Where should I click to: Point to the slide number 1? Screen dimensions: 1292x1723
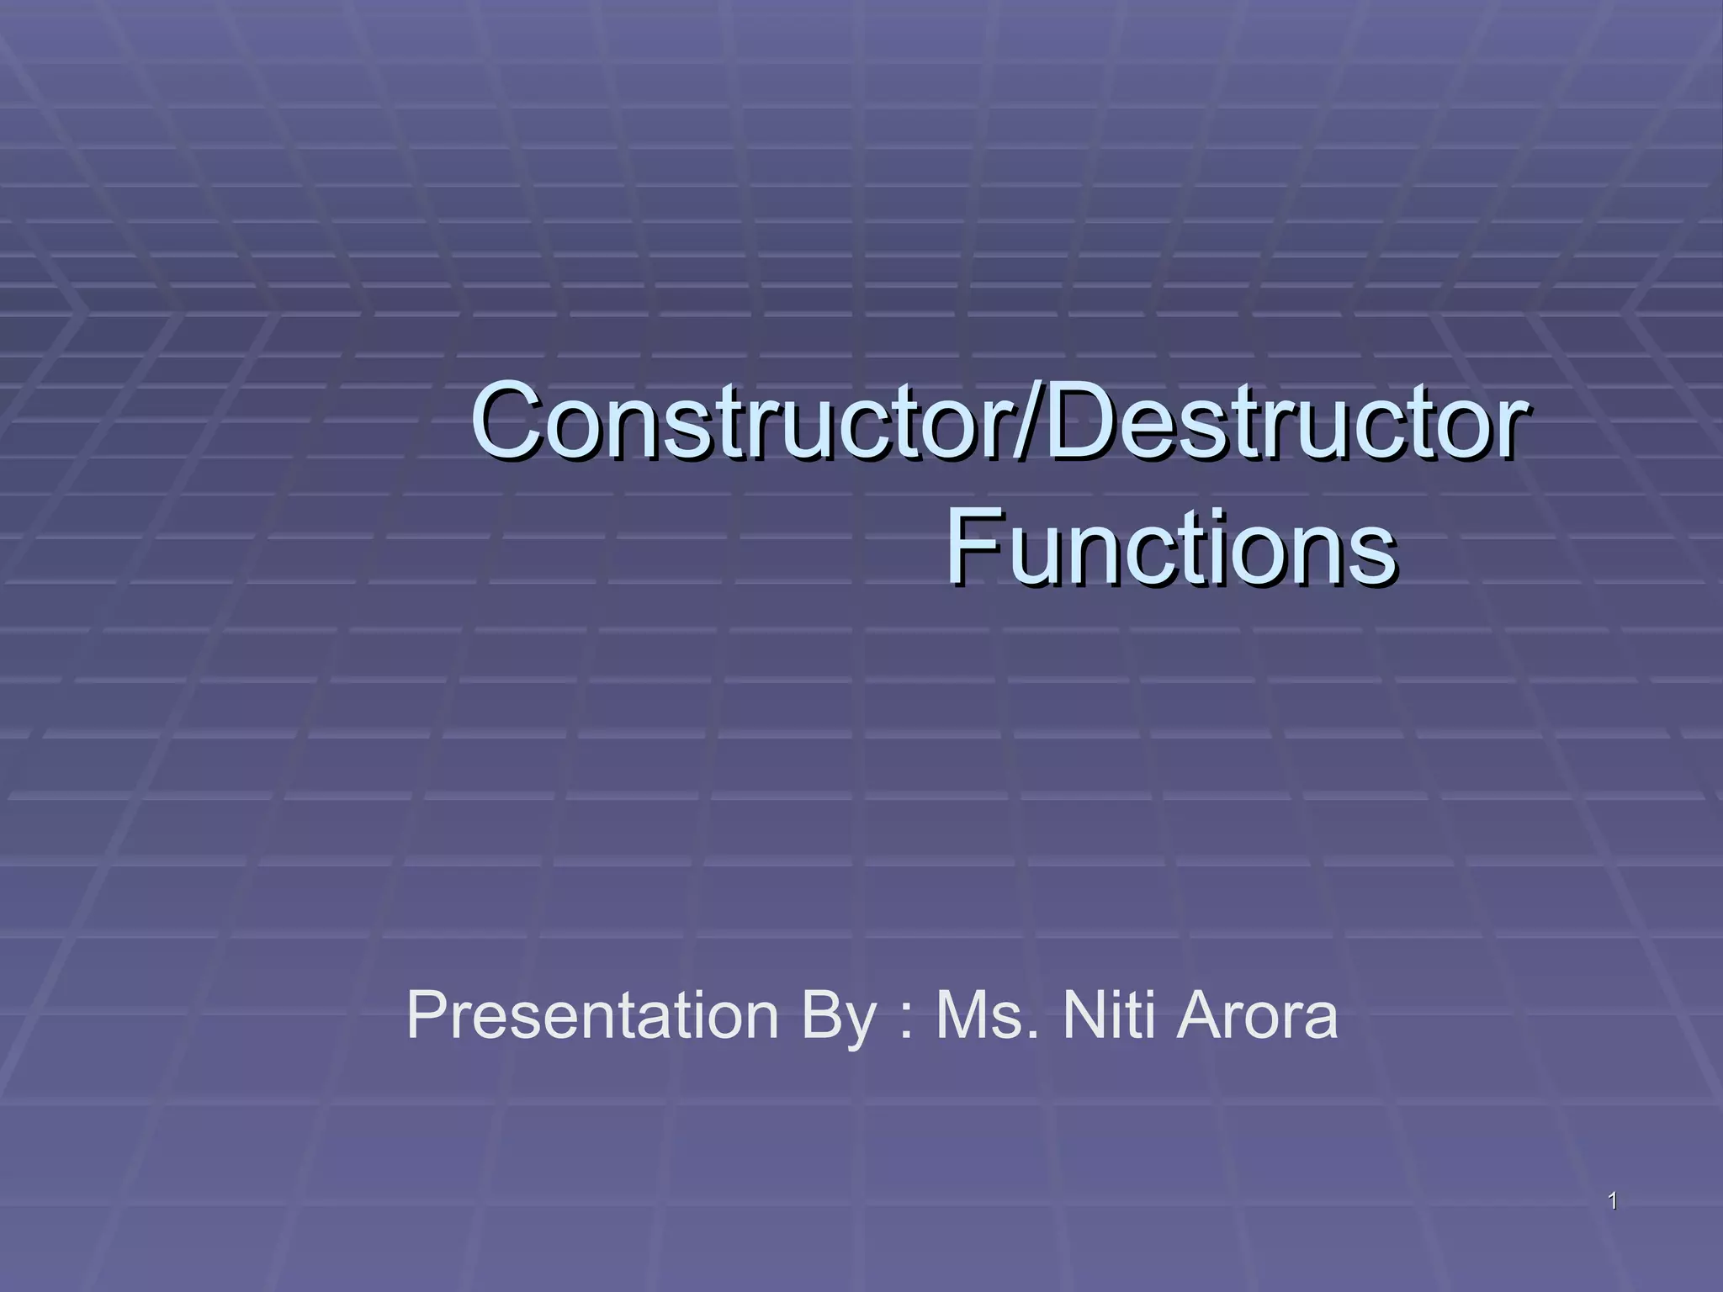[1612, 1202]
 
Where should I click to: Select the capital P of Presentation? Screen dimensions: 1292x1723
[427, 1016]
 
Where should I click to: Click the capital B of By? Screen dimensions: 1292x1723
[820, 1016]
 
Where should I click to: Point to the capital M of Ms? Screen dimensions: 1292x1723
[962, 1016]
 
